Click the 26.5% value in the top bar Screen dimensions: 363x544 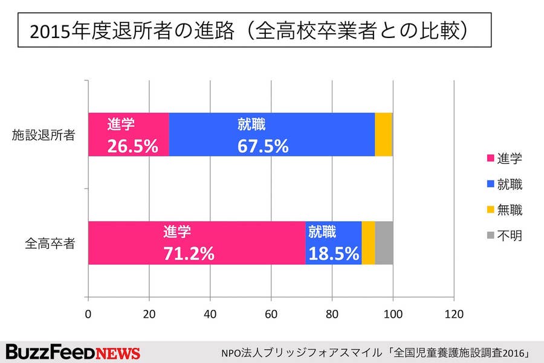pyautogui.click(x=132, y=146)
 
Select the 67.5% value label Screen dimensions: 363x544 pyautogui.click(x=262, y=146)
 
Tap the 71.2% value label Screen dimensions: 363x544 pyautogui.click(x=189, y=253)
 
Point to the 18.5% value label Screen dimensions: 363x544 pyautogui.click(x=334, y=253)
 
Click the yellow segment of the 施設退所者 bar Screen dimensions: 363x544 pyautogui.click(x=383, y=135)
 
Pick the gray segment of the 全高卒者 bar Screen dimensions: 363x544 pyautogui.click(x=384, y=242)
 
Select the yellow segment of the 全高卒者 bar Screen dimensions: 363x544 pyautogui.click(x=368, y=242)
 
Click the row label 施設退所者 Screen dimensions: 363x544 pyautogui.click(x=44, y=135)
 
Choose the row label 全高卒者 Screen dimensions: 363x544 pyautogui.click(x=50, y=243)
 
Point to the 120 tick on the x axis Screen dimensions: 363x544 pyautogui.click(x=453, y=314)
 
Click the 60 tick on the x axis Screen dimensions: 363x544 pyautogui.click(x=271, y=314)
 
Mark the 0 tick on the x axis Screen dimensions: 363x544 pyautogui.click(x=89, y=314)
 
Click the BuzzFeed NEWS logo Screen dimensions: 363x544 pyautogui.click(x=73, y=352)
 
